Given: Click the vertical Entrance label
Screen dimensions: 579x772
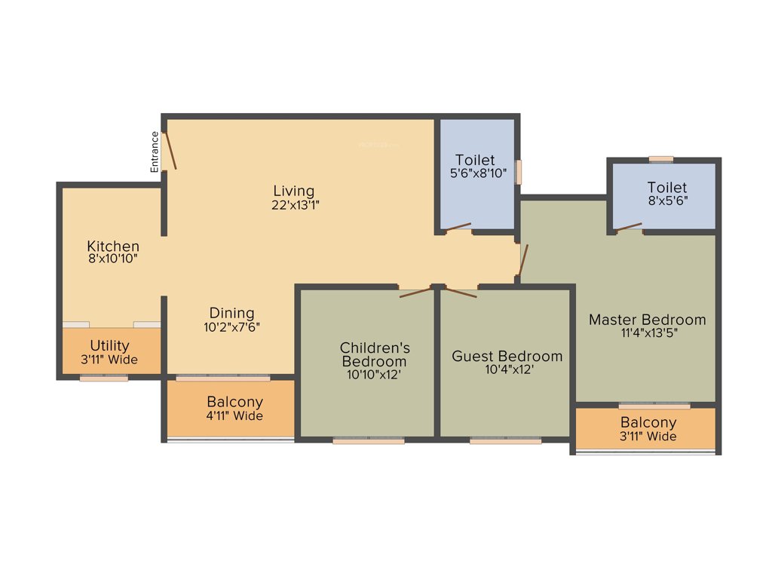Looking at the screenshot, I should click(x=155, y=152).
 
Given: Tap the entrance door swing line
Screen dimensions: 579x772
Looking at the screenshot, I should click(x=171, y=149).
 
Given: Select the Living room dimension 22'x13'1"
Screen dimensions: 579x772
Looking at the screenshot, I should click(x=294, y=204).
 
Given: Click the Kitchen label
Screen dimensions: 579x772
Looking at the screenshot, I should click(x=113, y=246).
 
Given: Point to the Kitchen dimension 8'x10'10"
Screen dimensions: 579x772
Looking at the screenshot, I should click(x=113, y=259).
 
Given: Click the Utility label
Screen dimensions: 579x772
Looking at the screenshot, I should click(x=109, y=346).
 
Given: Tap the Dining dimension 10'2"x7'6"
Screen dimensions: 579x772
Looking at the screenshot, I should click(x=231, y=327).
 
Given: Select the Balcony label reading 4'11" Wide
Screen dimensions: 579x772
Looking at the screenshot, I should click(x=234, y=415).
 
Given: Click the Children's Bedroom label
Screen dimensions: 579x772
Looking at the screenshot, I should click(x=375, y=354).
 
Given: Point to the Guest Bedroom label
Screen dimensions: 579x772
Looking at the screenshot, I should click(x=507, y=356).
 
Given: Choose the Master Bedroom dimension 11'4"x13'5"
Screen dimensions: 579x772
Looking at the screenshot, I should click(x=647, y=332).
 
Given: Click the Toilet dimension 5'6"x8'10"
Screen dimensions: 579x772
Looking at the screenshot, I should click(x=475, y=173).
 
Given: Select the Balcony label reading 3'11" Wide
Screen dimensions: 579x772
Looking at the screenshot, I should click(x=648, y=436).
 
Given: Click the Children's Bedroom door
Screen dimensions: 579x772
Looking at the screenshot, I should click(x=415, y=292).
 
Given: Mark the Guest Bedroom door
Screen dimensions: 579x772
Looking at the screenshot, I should click(x=461, y=292).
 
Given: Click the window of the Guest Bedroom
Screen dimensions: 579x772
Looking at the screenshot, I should click(x=505, y=441).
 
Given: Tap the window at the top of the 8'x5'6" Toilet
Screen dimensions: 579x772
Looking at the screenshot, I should click(x=661, y=159).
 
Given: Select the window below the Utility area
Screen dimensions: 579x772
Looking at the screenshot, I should click(x=103, y=378).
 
